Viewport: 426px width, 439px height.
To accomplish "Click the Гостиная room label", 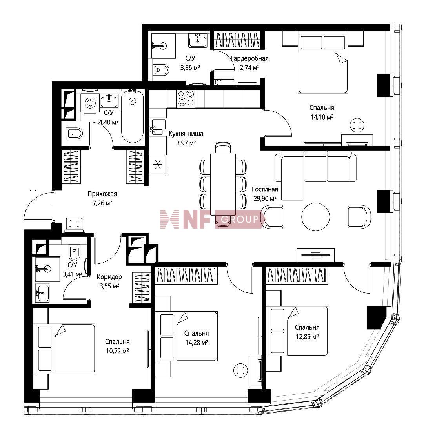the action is [x=265, y=190].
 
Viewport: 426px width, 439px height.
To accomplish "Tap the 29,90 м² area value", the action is [x=265, y=198].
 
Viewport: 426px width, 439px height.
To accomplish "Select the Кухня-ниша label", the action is [x=186, y=134].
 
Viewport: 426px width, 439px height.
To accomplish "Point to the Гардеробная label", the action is [x=249, y=58].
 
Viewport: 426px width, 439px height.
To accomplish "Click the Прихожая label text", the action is [x=102, y=194].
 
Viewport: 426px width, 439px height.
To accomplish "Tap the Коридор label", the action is [x=109, y=277].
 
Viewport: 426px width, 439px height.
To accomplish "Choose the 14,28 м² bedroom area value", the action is [x=197, y=343].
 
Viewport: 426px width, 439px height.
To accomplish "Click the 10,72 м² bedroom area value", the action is [x=117, y=351].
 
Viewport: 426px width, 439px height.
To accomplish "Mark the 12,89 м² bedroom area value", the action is [x=307, y=337].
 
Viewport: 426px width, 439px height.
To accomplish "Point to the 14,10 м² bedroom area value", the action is [x=322, y=117].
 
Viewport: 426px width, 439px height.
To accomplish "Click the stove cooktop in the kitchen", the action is [x=186, y=98].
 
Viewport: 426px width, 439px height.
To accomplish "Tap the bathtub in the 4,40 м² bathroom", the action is [x=132, y=117].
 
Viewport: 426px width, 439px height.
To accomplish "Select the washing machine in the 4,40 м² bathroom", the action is [x=90, y=103].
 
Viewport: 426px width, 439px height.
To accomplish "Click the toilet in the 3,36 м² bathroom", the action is [x=162, y=70].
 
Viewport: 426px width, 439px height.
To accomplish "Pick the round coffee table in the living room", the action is [x=315, y=217].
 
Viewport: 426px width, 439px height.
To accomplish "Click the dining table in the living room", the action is [x=223, y=184].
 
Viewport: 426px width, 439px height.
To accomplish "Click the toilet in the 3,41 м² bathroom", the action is [x=74, y=253].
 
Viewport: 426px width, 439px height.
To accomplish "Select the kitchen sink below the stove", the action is [x=158, y=127].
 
